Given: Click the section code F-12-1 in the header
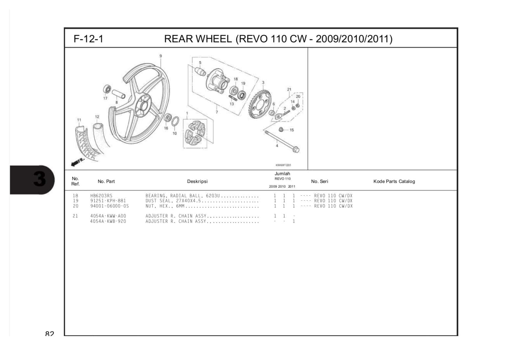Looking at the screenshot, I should pyautogui.click(x=88, y=39).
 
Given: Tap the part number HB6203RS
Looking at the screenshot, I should pyautogui.click(x=101, y=196).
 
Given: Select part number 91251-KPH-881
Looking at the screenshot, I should pyautogui.click(x=108, y=201).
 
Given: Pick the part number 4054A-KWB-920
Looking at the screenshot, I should pyautogui.click(x=108, y=221).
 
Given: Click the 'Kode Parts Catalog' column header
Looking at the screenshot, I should pyautogui.click(x=394, y=181).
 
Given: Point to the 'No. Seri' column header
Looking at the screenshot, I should pyautogui.click(x=319, y=181).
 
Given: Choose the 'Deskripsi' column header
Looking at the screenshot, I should pyautogui.click(x=197, y=181).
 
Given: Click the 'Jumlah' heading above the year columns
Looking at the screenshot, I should pyautogui.click(x=282, y=174).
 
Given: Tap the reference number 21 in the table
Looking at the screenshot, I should pyautogui.click(x=75, y=216).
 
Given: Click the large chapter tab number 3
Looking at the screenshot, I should pyautogui.click(x=39, y=179).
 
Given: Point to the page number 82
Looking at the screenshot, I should pyautogui.click(x=49, y=334).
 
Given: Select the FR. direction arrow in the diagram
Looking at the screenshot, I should pyautogui.click(x=78, y=162).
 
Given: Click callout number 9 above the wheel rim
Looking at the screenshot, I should pyautogui.click(x=160, y=56).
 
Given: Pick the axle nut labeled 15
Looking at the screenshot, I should pyautogui.click(x=281, y=130).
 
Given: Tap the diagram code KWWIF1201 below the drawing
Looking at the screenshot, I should pyautogui.click(x=283, y=165).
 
